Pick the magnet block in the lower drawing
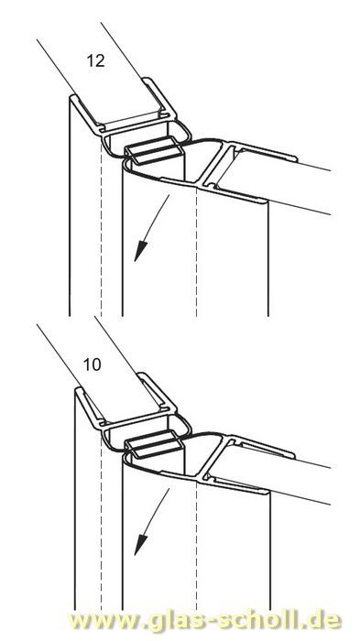(150, 447)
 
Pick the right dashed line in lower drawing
(197, 540)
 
